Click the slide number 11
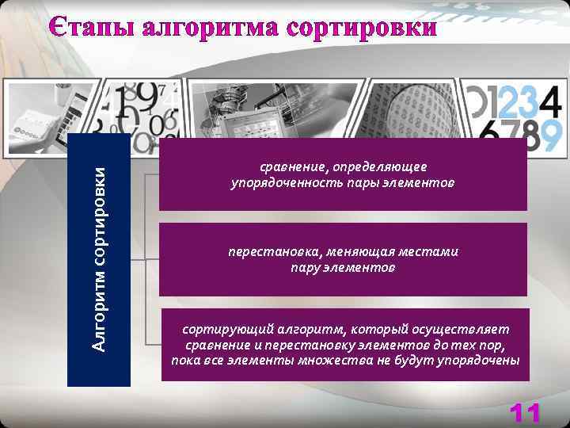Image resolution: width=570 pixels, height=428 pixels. click(x=525, y=413)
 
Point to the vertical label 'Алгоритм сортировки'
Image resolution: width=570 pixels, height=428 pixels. click(x=98, y=258)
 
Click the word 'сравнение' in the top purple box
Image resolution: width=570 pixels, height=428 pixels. click(x=294, y=167)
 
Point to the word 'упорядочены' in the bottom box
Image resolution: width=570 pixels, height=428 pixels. click(x=481, y=360)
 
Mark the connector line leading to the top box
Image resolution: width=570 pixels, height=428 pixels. click(x=151, y=174)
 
